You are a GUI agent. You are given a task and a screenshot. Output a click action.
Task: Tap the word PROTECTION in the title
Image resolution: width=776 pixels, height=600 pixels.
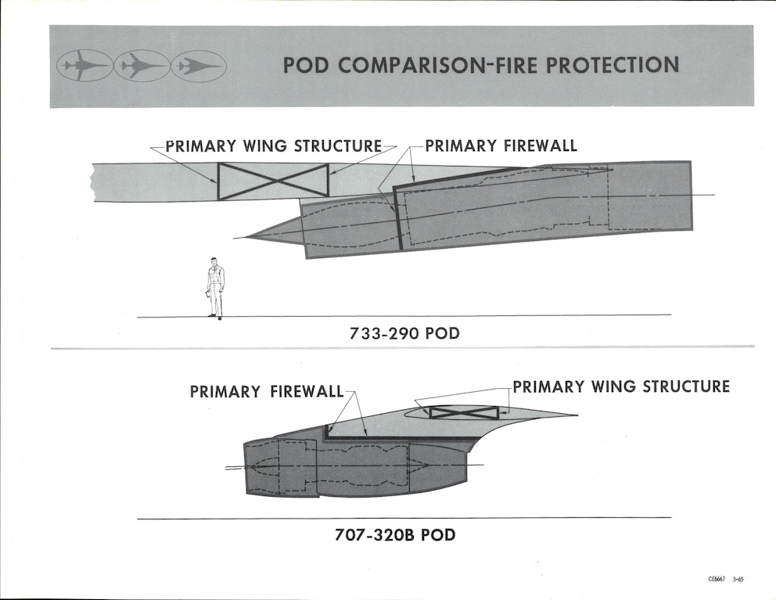(x=613, y=65)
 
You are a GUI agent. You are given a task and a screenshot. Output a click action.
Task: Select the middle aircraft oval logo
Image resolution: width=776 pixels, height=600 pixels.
(x=142, y=66)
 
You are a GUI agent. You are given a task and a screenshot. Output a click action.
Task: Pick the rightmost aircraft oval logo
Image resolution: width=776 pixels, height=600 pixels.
(x=199, y=66)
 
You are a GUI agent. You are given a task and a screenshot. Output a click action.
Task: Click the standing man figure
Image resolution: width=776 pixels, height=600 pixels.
(x=214, y=288)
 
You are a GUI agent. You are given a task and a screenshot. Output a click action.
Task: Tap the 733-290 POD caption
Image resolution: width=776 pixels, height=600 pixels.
(x=404, y=334)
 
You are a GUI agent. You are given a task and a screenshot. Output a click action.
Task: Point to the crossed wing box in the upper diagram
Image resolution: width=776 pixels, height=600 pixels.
(x=273, y=181)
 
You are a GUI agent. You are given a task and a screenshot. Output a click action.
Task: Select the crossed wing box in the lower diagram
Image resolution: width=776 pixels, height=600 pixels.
(x=464, y=412)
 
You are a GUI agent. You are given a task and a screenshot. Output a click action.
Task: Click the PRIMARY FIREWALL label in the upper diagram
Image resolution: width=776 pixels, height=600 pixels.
(x=501, y=146)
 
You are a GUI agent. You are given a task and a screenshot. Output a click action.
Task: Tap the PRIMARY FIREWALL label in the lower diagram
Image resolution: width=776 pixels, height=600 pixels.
(x=267, y=391)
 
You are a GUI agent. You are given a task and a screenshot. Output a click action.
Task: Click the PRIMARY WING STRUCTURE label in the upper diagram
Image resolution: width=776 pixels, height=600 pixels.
(x=273, y=146)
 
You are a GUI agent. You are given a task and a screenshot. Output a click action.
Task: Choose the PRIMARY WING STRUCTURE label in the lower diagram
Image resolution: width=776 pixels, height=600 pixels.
(x=621, y=386)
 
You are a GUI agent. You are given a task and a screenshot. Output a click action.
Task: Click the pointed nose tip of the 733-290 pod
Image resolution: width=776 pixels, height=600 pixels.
(x=235, y=235)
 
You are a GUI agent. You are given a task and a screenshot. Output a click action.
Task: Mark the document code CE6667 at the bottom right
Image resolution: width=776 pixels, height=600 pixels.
(x=717, y=580)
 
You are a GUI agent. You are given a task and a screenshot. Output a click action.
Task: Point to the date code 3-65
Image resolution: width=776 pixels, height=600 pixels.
(x=738, y=580)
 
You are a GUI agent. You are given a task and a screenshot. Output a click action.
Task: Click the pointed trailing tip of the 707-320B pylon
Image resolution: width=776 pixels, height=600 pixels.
(x=577, y=415)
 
